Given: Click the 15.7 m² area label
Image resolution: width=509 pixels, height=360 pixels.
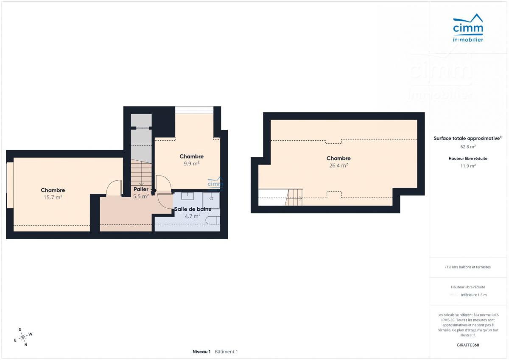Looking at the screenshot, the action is tap(53, 197).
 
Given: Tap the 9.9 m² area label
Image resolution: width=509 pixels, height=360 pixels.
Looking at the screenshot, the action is tap(192, 164).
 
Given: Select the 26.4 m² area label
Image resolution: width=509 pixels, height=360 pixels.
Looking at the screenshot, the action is tap(338, 165).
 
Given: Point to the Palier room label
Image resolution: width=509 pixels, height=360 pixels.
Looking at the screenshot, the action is tap(141, 189).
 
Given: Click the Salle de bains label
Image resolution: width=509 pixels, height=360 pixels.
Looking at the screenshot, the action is tap(193, 209).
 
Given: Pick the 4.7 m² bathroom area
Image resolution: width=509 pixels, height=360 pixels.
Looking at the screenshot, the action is tap(193, 216).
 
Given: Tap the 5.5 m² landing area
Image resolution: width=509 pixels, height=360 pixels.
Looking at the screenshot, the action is tap(141, 196).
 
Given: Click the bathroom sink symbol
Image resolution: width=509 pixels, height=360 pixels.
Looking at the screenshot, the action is tap(187, 196).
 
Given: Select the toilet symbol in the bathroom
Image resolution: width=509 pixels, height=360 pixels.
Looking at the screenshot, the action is tap(213, 220).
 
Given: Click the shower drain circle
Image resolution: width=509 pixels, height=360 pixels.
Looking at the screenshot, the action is tap(211, 198).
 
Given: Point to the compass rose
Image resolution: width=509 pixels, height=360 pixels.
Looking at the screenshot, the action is tap(23, 338).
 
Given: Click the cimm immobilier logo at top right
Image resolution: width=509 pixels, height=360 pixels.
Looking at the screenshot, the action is tap(468, 28).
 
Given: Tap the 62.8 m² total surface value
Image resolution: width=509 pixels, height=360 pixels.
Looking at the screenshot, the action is tap(468, 147).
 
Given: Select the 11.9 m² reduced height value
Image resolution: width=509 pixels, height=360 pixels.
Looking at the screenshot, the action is tap(468, 166).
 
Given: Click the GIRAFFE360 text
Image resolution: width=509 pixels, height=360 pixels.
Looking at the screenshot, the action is tap(468, 345).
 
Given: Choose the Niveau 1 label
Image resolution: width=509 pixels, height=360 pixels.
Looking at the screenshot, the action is tap(201, 352).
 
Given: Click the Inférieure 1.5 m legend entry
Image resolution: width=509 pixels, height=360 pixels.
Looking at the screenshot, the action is tap(474, 295).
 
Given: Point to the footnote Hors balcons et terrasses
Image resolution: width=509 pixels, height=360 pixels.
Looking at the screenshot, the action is tap(468, 267).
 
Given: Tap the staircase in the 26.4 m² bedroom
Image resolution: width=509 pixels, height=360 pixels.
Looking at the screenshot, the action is tap(294, 197).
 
